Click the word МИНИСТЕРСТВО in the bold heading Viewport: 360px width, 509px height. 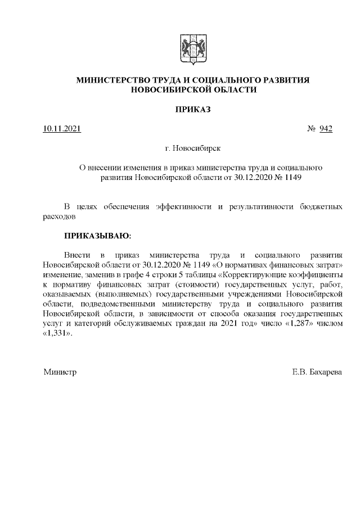pyautogui.click(x=111, y=80)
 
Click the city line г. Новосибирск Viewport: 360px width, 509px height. pyautogui.click(x=193, y=148)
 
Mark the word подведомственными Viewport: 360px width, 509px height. pyautogui.click(x=109, y=305)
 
